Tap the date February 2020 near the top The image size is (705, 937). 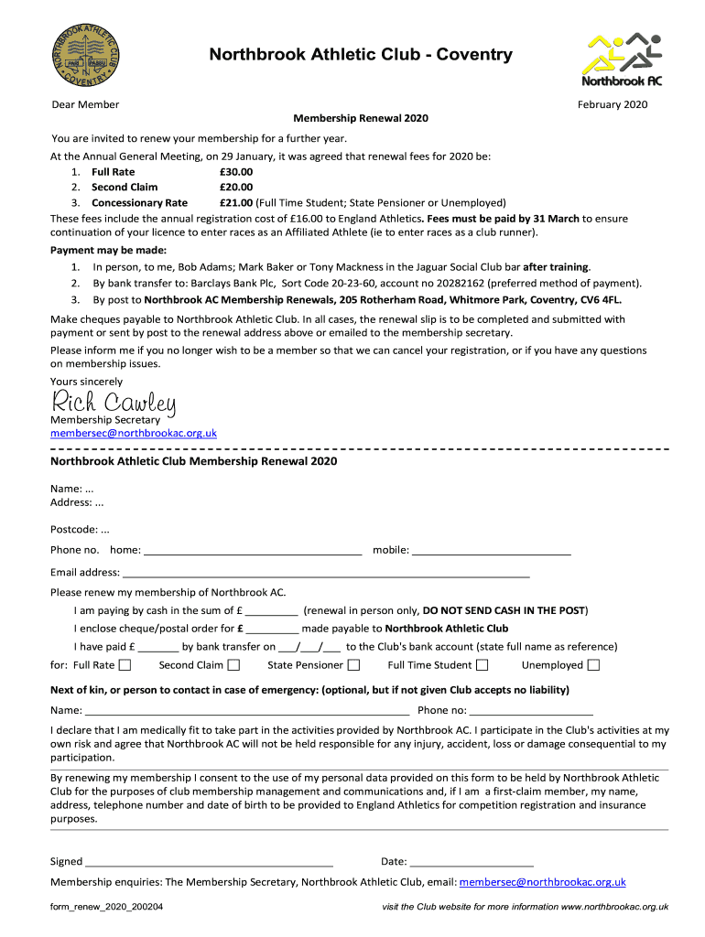[x=612, y=104]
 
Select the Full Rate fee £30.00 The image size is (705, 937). [x=236, y=171]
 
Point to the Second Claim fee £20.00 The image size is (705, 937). [x=236, y=187]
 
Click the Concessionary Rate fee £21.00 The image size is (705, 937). [x=236, y=202]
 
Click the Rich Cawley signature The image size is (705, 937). [x=114, y=401]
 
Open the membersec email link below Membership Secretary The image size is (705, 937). [x=134, y=433]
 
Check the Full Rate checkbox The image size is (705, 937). [x=125, y=665]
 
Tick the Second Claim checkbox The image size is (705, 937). [x=234, y=665]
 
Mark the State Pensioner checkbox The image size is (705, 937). [x=353, y=665]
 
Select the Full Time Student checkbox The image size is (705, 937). [x=482, y=665]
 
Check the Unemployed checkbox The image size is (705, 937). [x=593, y=665]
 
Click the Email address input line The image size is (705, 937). [x=326, y=574]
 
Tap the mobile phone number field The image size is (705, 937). [x=492, y=552]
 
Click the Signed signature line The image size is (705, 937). [x=209, y=862]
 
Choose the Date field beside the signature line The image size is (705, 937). [x=472, y=862]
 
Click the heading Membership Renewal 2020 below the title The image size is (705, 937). [x=360, y=119]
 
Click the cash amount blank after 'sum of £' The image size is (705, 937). [x=272, y=611]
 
